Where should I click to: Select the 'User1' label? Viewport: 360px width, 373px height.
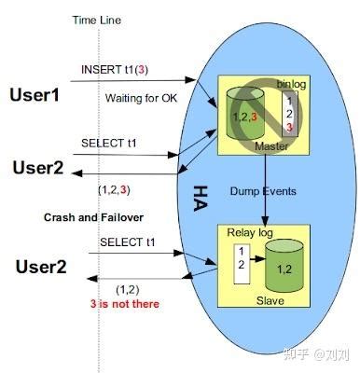(35, 94)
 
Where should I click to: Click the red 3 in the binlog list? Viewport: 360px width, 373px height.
(291, 127)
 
